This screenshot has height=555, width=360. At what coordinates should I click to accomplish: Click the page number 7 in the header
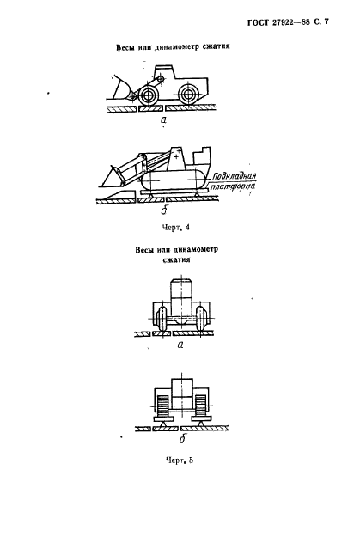(326, 22)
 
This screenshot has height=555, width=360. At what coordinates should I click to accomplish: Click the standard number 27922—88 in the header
(290, 22)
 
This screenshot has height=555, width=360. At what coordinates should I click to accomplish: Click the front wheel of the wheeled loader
(148, 95)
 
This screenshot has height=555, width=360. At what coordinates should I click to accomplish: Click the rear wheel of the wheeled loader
(187, 94)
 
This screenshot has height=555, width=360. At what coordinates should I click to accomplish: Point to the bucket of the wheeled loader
(121, 88)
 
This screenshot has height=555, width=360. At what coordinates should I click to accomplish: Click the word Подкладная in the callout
(234, 175)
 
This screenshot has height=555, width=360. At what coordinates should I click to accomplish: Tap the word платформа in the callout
(233, 186)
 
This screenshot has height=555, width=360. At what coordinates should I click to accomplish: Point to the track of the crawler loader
(173, 180)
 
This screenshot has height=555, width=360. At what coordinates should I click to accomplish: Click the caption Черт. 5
(180, 460)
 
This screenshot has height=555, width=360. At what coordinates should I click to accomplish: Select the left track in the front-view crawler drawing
(162, 406)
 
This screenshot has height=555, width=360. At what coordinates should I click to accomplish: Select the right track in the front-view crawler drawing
(200, 406)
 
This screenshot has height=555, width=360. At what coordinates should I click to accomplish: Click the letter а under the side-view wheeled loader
(163, 119)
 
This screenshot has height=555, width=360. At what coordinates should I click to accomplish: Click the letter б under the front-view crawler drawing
(183, 439)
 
